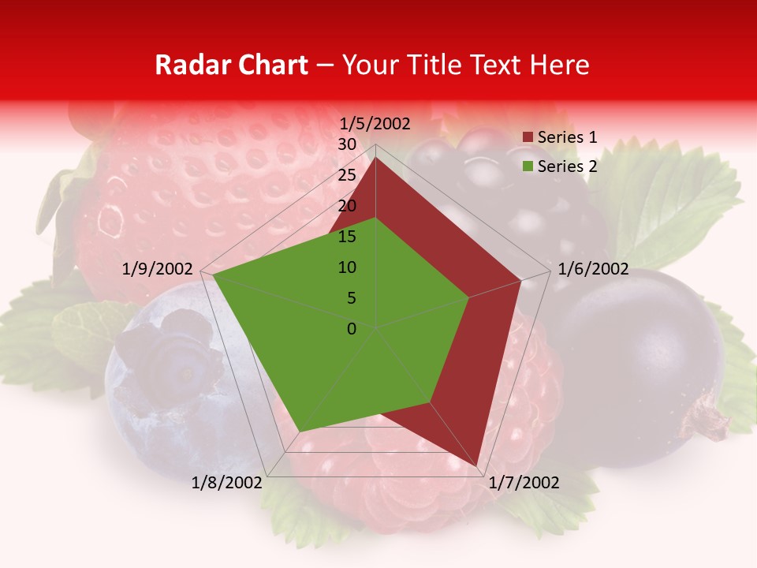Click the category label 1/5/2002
375,124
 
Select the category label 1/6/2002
593,269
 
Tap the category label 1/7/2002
524,483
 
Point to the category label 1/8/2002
227,483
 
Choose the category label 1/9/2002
158,269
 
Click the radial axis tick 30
347,144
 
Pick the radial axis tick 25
347,175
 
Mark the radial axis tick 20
347,206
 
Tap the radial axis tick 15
347,237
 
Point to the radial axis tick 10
347,267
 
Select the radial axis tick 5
351,298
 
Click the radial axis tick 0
352,329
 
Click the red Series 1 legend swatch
528,138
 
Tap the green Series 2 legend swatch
528,166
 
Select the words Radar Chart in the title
231,65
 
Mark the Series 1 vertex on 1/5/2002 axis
375,158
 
